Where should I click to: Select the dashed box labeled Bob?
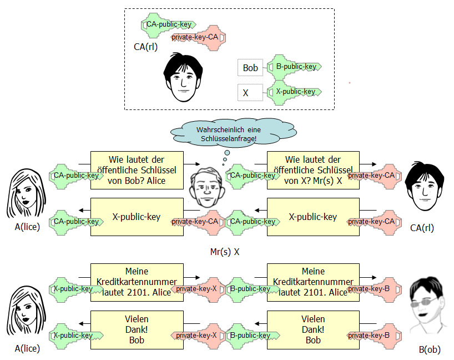pos(250,68)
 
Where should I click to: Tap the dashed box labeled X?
pos(250,92)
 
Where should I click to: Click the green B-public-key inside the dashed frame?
pos(294,67)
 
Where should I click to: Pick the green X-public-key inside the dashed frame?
pos(294,92)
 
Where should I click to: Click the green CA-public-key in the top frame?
pos(168,24)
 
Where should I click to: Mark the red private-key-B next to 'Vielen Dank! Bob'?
pos(369,336)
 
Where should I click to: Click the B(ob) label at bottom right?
pos(431,349)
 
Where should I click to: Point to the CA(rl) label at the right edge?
pos(422,227)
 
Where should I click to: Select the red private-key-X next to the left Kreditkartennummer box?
pos(194,289)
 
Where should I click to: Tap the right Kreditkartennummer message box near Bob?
pos(312,282)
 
